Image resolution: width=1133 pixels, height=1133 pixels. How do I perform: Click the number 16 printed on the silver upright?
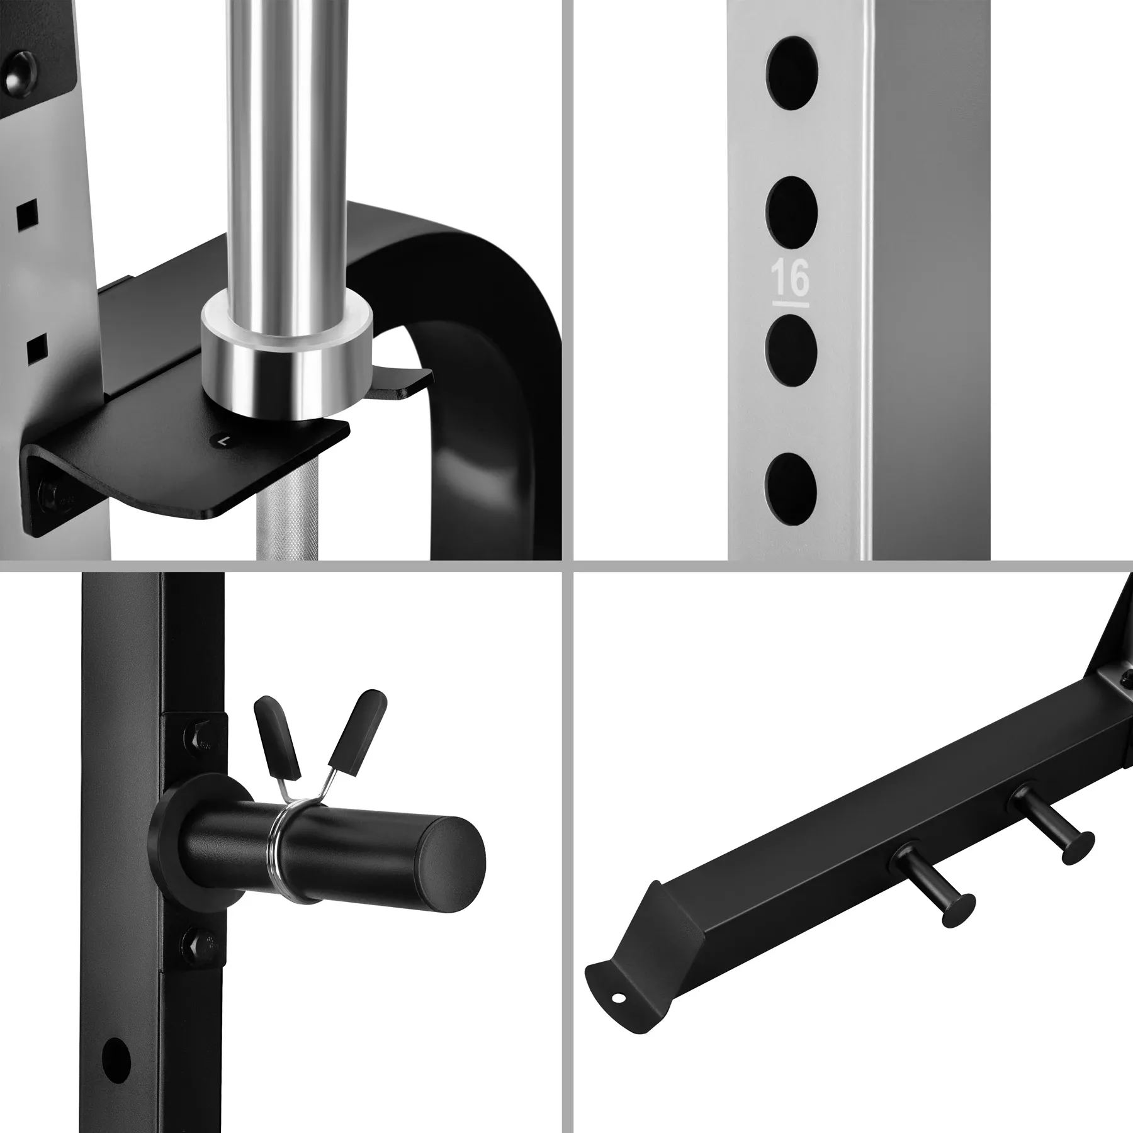tap(790, 279)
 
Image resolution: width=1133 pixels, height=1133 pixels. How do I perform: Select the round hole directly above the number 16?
tap(792, 210)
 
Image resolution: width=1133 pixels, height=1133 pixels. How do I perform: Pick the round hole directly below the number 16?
tap(791, 348)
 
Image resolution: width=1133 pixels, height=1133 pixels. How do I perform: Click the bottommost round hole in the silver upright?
tap(791, 486)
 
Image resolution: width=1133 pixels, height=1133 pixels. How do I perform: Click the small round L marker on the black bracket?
tap(222, 441)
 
